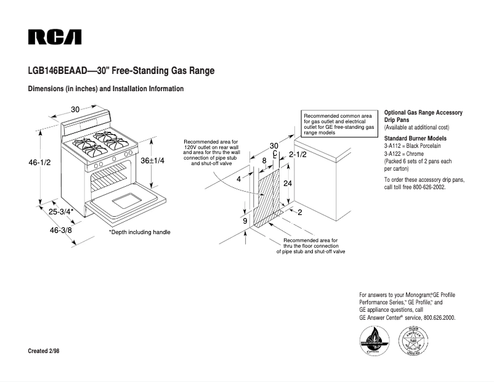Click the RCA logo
[55, 37]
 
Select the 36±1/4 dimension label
[153, 160]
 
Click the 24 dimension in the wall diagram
[287, 184]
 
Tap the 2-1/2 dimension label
[264, 160]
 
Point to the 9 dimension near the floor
[245, 221]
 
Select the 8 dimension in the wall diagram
[264, 160]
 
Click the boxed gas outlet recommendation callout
[339, 124]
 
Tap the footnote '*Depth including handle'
[139, 232]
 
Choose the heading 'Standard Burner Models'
[415, 139]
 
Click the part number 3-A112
[394, 146]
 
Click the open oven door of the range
[128, 201]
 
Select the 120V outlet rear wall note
[211, 153]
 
